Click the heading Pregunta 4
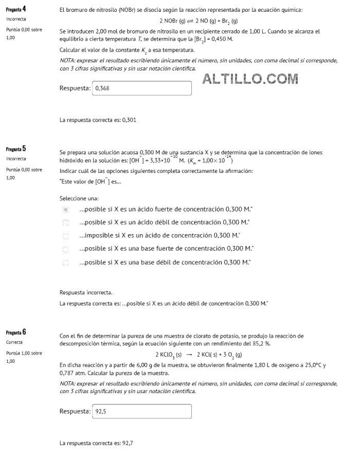click(x=16, y=10)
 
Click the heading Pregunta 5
click(x=16, y=149)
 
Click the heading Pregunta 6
click(x=16, y=332)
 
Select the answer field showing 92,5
click(x=141, y=412)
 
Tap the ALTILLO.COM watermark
click(x=250, y=79)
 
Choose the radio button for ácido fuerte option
click(x=65, y=209)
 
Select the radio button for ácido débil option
click(x=65, y=223)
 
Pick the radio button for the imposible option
click(x=65, y=236)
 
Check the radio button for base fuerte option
click(x=65, y=249)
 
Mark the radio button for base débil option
click(x=65, y=262)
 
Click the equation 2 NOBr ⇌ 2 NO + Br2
click(x=199, y=21)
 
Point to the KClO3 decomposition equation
click(x=199, y=355)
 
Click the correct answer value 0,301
click(x=130, y=120)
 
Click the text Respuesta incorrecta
click(x=86, y=293)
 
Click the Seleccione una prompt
click(x=79, y=198)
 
